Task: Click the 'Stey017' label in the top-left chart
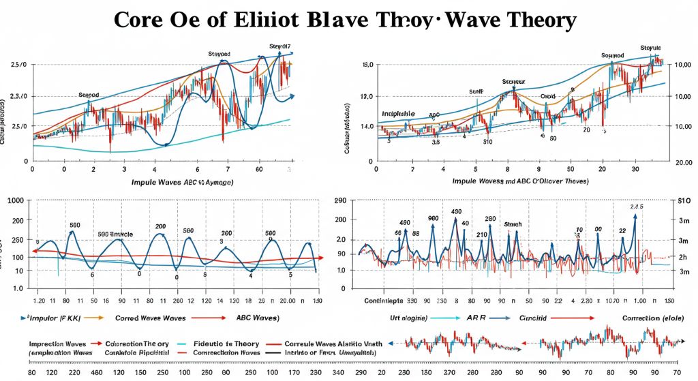point(279,46)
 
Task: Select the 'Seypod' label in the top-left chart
point(89,95)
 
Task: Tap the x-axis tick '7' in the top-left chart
point(227,168)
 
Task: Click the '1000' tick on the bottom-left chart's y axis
point(14,200)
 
